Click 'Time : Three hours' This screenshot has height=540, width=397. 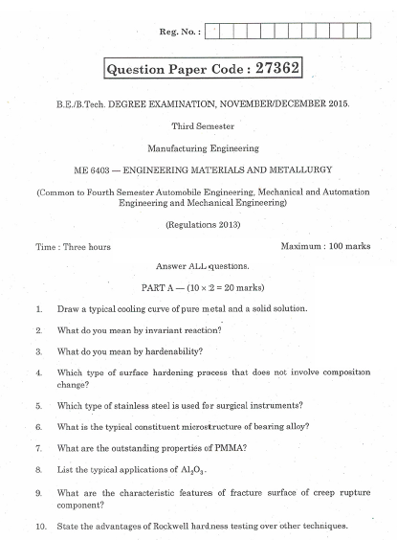74,246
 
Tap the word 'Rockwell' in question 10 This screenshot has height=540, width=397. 184,527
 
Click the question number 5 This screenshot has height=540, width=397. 39,404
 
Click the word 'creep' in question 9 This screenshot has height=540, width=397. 320,492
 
